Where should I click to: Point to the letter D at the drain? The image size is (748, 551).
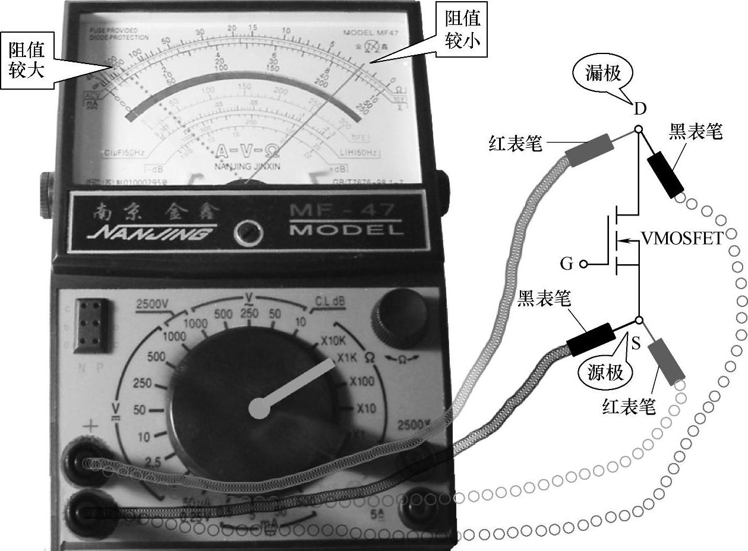(x=639, y=109)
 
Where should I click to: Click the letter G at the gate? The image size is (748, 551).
(x=567, y=263)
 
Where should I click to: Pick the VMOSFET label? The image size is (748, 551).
(x=683, y=239)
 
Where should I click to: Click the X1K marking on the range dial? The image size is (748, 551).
(x=348, y=358)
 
